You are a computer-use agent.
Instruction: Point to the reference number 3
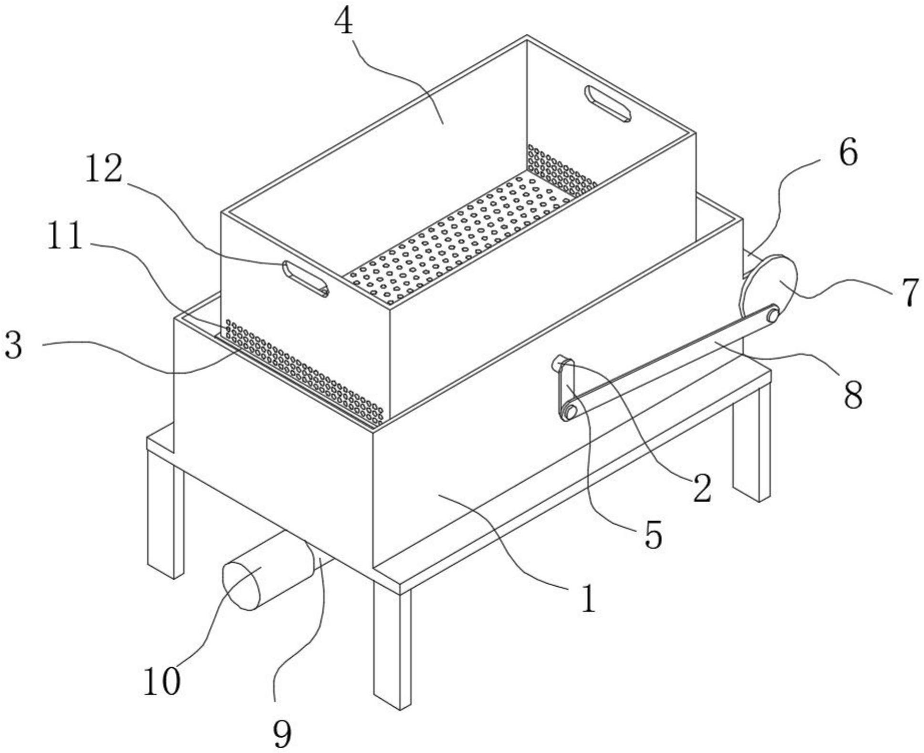click(x=13, y=346)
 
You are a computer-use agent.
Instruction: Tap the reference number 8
click(x=853, y=394)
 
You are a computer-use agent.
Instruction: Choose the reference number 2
click(x=702, y=489)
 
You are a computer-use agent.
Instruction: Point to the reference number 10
click(x=162, y=681)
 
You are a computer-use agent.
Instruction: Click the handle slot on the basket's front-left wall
click(x=306, y=279)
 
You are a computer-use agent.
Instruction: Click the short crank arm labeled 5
click(x=566, y=390)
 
